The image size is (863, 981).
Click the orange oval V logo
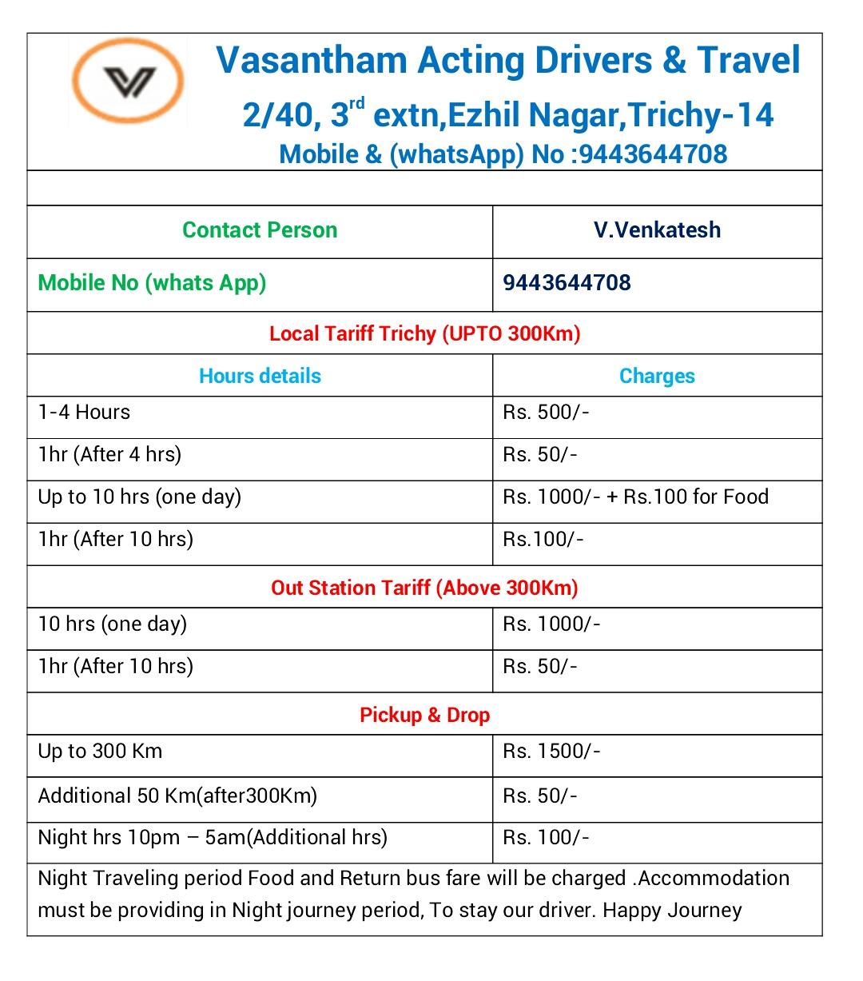[128, 81]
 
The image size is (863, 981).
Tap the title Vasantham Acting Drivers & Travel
[508, 60]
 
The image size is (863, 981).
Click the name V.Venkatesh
[657, 230]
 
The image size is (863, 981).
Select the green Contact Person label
[260, 230]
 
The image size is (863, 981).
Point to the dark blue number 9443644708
[567, 283]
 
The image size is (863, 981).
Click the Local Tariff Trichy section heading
[424, 333]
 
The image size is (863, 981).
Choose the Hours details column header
[260, 376]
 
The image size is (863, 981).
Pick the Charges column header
[657, 376]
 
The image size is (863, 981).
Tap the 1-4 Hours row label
[84, 413]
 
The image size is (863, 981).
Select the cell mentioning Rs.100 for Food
[635, 497]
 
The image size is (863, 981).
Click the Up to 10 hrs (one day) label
[139, 497]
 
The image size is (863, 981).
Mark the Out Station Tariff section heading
[424, 588]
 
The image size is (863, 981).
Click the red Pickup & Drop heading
[424, 715]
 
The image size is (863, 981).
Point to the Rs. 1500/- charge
[551, 752]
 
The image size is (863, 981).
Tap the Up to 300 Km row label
[100, 752]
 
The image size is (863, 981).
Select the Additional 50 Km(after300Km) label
[177, 796]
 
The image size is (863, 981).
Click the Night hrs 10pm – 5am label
[213, 838]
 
